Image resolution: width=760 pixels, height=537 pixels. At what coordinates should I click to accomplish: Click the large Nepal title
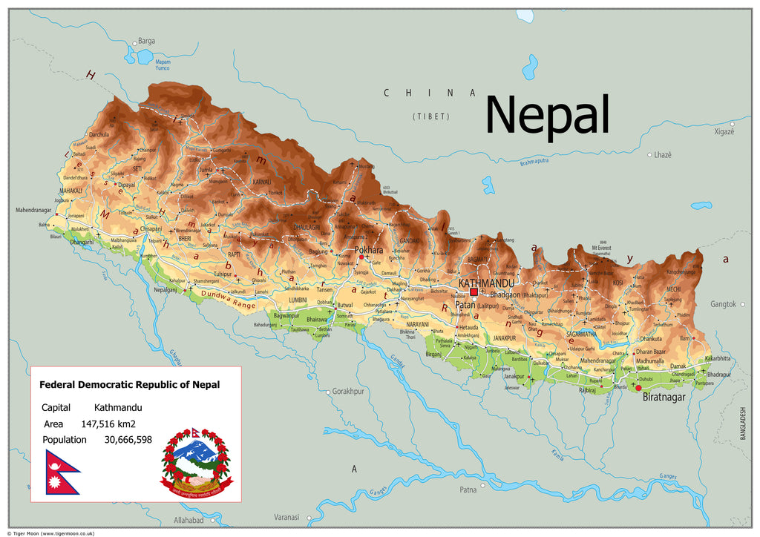tap(547, 116)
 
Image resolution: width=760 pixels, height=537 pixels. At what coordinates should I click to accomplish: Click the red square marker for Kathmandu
tap(474, 292)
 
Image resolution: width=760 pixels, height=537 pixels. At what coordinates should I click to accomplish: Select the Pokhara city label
tap(369, 250)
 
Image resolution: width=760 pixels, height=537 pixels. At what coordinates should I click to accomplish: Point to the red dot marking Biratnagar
tap(638, 387)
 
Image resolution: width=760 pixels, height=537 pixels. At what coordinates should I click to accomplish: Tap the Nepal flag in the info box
tap(62, 472)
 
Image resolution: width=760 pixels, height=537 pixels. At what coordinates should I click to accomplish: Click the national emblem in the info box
tap(197, 463)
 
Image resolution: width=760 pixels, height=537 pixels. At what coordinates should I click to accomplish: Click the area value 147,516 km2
tap(108, 424)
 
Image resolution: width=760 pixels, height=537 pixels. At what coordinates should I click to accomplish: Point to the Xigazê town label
tap(724, 131)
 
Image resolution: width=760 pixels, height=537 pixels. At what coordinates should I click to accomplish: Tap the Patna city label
tap(468, 490)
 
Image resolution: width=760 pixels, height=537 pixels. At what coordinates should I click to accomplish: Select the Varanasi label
tap(286, 517)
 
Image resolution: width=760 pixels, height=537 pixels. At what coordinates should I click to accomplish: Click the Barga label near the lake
tap(147, 41)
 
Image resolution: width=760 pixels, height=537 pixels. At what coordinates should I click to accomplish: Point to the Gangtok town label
tap(723, 304)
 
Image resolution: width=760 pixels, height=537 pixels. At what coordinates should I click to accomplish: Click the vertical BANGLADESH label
tap(742, 424)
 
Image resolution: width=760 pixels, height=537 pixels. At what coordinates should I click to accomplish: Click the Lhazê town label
tap(662, 154)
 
